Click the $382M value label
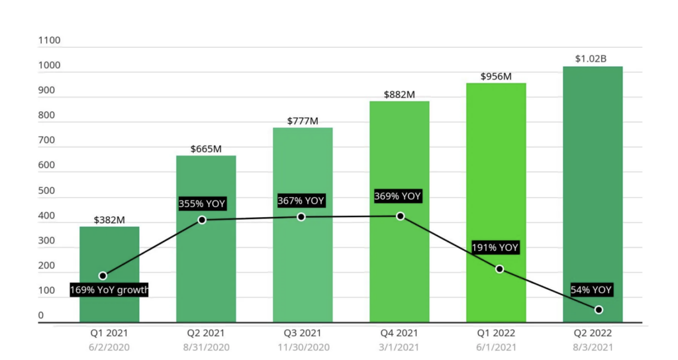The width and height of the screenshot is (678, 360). (109, 220)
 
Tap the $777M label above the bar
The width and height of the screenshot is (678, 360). (303, 121)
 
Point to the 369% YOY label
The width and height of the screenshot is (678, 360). (398, 197)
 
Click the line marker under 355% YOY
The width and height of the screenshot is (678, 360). (202, 220)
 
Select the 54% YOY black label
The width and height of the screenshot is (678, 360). (591, 290)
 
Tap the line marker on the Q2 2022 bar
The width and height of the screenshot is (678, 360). (599, 310)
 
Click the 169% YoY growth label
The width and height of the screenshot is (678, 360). (109, 290)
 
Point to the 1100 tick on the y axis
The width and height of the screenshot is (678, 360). (50, 40)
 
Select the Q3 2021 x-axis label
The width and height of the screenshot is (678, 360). (303, 334)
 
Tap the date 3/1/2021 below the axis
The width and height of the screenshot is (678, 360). (399, 347)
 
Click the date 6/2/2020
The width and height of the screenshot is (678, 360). (109, 347)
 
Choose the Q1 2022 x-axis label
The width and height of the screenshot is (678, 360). (496, 334)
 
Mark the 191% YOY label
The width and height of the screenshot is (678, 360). (495, 248)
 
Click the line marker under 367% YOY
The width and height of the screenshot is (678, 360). (301, 217)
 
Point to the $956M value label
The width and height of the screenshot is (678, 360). (496, 76)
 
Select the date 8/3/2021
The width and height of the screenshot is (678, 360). (593, 347)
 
